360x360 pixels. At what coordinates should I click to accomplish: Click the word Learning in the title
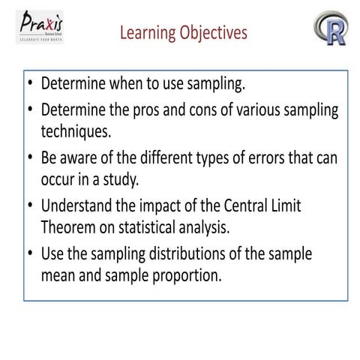click(146, 33)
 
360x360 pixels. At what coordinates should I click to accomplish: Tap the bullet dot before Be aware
click(30, 159)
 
